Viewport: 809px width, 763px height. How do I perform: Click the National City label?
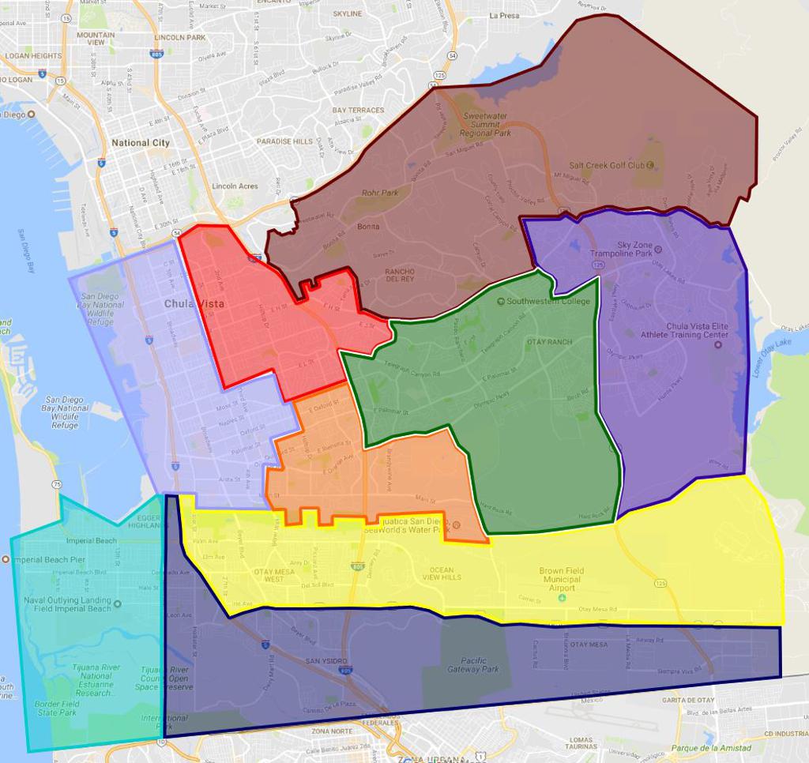pos(141,143)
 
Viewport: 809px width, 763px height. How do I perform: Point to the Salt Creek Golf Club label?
pos(607,166)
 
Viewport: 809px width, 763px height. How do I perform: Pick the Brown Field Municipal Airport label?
pos(560,580)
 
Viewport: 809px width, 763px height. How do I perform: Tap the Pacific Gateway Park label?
pos(473,665)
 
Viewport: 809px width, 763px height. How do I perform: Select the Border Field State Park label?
pos(56,708)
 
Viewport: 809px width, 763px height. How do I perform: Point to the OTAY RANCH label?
pos(548,342)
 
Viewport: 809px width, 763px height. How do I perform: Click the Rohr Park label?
pos(380,192)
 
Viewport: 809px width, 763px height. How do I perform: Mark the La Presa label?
pos(505,15)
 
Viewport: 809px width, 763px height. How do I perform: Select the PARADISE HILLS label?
pos(284,141)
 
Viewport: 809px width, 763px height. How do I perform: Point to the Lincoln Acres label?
pos(235,186)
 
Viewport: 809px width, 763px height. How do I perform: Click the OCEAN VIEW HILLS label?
pos(442,574)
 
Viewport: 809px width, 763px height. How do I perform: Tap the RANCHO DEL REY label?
pos(399,275)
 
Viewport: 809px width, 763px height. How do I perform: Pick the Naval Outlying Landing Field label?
pos(67,604)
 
